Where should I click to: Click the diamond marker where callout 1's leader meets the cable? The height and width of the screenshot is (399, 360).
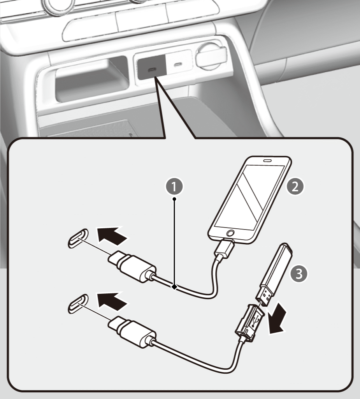(174, 287)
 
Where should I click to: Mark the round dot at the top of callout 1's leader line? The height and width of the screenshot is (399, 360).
(174, 199)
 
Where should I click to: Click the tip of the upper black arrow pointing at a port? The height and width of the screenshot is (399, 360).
(97, 228)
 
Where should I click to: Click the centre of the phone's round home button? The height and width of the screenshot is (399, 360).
(230, 233)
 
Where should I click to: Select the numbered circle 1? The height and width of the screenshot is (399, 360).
(174, 187)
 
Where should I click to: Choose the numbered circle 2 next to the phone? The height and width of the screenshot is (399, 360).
(295, 187)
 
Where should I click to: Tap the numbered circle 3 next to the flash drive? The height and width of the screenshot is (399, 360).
(299, 274)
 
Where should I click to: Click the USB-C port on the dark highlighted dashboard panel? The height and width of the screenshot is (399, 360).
(152, 69)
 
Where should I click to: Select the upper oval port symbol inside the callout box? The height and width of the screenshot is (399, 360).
(78, 238)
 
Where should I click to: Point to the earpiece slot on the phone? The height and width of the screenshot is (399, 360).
(267, 161)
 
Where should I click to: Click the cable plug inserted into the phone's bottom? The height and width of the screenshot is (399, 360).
(224, 248)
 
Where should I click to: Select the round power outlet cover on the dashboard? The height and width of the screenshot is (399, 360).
(211, 56)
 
